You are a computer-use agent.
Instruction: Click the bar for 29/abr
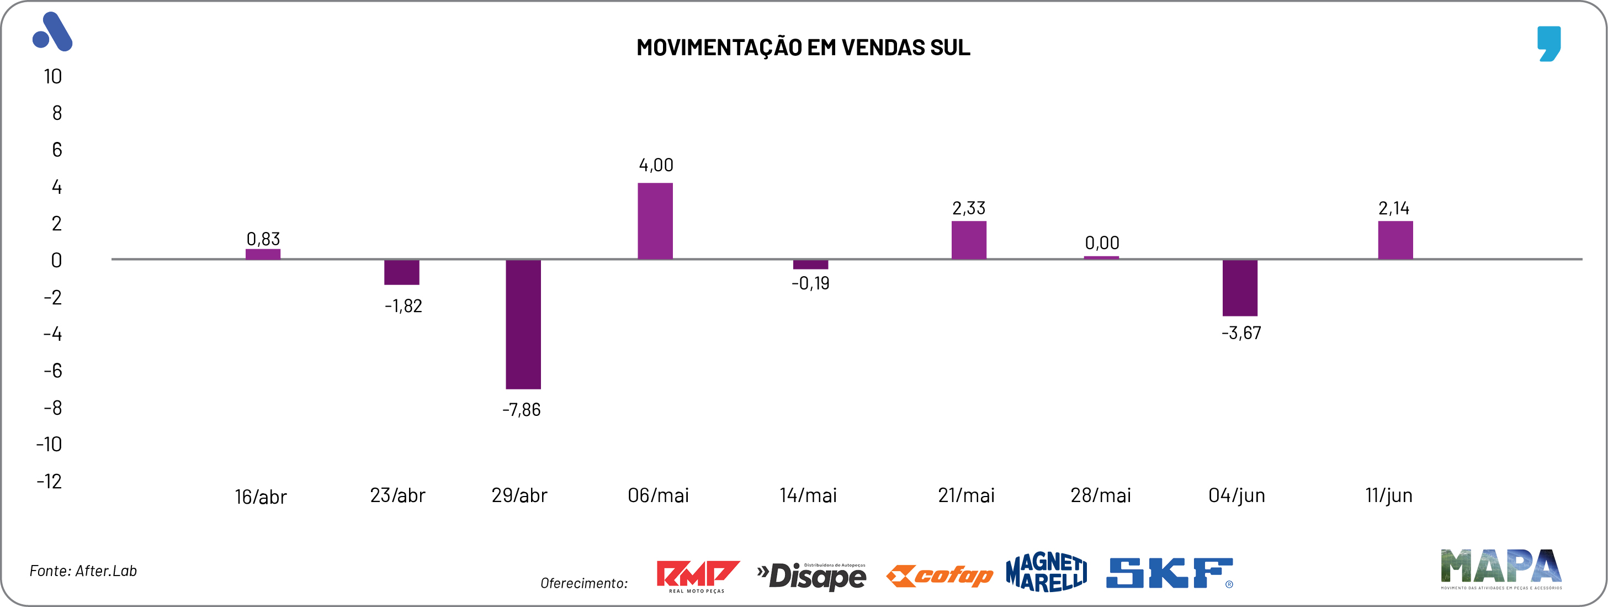click(523, 324)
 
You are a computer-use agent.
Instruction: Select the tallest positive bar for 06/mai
click(655, 221)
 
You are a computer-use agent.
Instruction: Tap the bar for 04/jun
click(1240, 288)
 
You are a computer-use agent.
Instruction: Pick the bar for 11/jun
click(1395, 240)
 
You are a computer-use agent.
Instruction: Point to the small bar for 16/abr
click(263, 254)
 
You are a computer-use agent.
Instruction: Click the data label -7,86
click(521, 410)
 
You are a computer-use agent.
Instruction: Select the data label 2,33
click(968, 208)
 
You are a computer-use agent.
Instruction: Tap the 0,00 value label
click(1102, 243)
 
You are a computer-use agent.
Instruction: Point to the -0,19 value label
click(810, 283)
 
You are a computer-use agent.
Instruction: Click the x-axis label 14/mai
click(808, 496)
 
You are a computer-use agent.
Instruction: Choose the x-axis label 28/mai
click(1101, 496)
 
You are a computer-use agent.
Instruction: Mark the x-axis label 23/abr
click(397, 496)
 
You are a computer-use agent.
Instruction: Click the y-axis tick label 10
click(53, 77)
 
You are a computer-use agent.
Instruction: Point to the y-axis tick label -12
click(49, 482)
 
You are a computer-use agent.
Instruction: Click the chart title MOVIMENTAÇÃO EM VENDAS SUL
click(803, 47)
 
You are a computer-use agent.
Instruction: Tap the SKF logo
click(1169, 573)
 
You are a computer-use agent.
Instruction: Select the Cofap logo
click(940, 576)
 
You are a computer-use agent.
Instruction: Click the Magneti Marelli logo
click(1046, 572)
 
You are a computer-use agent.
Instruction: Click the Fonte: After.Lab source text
click(83, 571)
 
